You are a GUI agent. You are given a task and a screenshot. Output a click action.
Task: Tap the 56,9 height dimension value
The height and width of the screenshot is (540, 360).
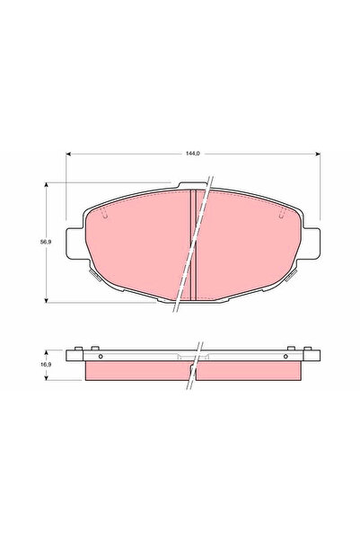pyautogui.click(x=41, y=243)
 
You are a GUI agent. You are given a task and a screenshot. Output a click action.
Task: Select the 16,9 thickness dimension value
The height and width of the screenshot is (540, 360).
pyautogui.click(x=40, y=367)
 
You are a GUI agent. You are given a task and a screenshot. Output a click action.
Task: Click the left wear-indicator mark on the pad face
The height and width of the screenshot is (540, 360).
pyautogui.click(x=105, y=213)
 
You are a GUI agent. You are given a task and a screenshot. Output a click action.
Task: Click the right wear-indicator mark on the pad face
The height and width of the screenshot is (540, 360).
pyautogui.click(x=281, y=213)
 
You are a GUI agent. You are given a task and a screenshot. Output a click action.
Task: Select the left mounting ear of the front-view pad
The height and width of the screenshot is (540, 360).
pyautogui.click(x=75, y=241)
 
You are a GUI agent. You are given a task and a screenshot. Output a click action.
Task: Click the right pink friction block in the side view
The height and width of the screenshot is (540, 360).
pyautogui.click(x=256, y=371)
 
